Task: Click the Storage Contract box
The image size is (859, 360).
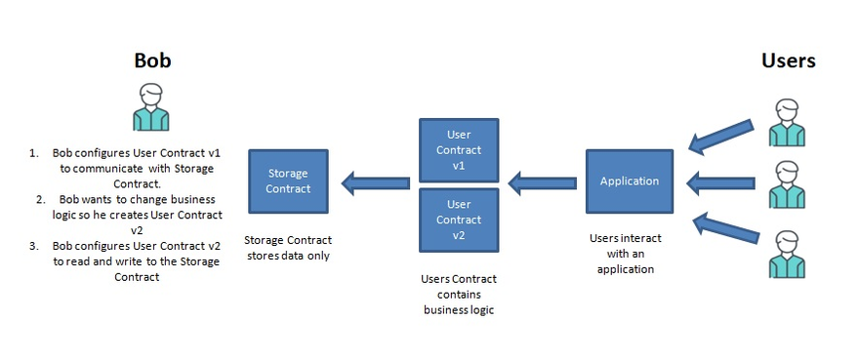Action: pyautogui.click(x=288, y=181)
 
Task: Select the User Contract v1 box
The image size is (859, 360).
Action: pyautogui.click(x=459, y=150)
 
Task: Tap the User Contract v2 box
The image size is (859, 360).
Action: pyautogui.click(x=459, y=220)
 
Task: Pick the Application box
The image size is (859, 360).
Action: pyautogui.click(x=630, y=181)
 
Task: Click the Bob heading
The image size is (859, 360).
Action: pyautogui.click(x=153, y=60)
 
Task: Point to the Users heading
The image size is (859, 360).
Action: pyautogui.click(x=789, y=60)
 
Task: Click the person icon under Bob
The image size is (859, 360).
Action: pyautogui.click(x=151, y=107)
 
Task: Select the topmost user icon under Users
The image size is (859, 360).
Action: pyautogui.click(x=787, y=123)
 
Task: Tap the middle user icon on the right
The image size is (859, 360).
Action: pyautogui.click(x=787, y=184)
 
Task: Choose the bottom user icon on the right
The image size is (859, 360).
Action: pyautogui.click(x=787, y=255)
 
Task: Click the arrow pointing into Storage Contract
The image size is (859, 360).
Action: pyautogui.click(x=375, y=183)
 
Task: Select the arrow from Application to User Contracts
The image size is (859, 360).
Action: pyautogui.click(x=543, y=183)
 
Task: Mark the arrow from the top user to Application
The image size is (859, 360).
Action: pyautogui.click(x=721, y=137)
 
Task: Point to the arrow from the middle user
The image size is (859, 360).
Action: pyautogui.click(x=720, y=183)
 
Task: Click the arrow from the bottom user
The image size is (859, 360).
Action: pyautogui.click(x=726, y=229)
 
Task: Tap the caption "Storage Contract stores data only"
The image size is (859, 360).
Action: pyautogui.click(x=288, y=248)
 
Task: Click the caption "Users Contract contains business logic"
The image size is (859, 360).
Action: pyautogui.click(x=459, y=295)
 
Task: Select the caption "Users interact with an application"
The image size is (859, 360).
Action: pyautogui.click(x=626, y=254)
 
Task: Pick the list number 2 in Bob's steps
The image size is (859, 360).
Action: pyautogui.click(x=41, y=199)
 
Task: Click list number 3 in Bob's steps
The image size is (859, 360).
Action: pyautogui.click(x=34, y=246)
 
